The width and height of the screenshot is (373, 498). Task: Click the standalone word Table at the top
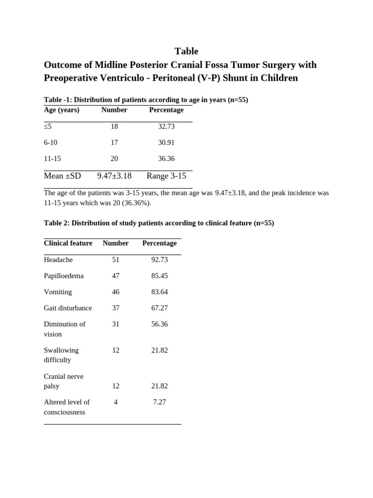[186, 51]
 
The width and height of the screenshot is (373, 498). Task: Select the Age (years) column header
[61, 110]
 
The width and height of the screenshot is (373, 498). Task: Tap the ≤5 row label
[48, 126]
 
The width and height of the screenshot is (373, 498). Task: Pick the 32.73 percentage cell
[166, 126]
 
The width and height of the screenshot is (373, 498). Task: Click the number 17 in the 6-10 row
[114, 142]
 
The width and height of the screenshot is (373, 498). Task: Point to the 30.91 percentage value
[166, 142]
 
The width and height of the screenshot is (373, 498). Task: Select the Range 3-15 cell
[166, 176]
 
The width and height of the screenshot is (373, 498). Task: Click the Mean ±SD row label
[62, 176]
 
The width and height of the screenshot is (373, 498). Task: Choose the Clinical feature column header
[68, 243]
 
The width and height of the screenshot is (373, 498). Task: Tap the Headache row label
[58, 260]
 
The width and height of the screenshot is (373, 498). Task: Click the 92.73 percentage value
[159, 260]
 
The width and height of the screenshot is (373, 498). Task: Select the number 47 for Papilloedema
[116, 276]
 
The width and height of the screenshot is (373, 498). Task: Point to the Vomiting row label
[58, 292]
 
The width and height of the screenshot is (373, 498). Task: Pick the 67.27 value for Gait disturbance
[159, 308]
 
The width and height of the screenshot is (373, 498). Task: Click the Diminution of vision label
[64, 329]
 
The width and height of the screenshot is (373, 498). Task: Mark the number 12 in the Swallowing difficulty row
[116, 350]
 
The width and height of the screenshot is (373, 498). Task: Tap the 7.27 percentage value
[159, 402]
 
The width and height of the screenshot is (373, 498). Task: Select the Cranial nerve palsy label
[63, 381]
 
